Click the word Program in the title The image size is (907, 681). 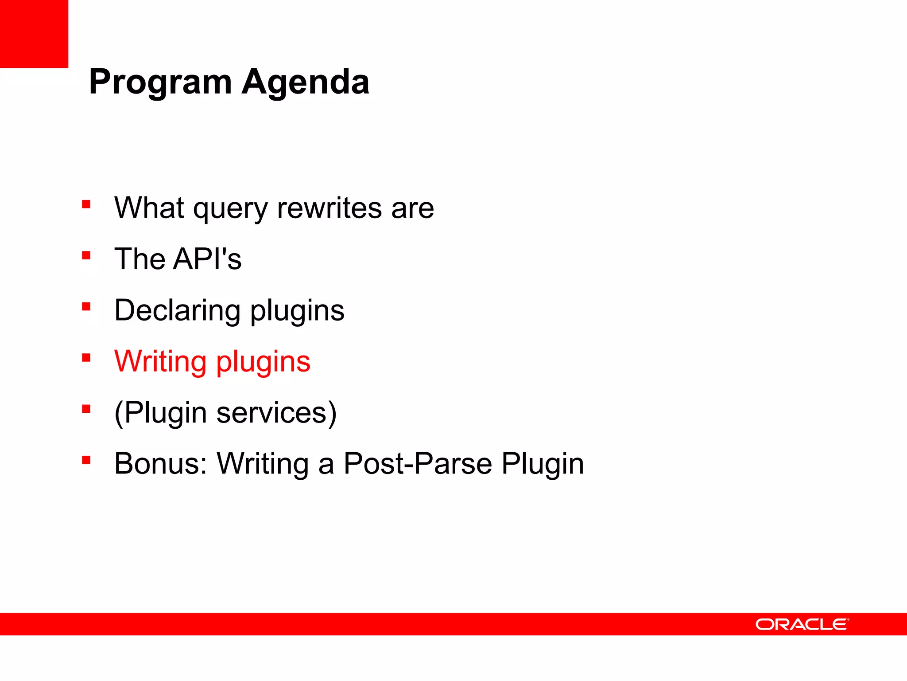click(160, 82)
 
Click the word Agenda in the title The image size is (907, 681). click(305, 82)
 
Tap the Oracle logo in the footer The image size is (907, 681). click(802, 624)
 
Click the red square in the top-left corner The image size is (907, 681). click(34, 34)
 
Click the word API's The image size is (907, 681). click(207, 259)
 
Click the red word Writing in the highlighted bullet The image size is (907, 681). click(160, 362)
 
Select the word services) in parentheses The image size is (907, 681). click(276, 413)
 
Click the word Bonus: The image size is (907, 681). click(161, 464)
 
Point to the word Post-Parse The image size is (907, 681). click(418, 464)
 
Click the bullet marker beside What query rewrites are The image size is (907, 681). click(86, 204)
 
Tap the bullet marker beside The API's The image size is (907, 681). click(86, 255)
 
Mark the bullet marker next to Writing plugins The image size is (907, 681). click(86, 358)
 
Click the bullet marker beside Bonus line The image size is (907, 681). click(86, 460)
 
